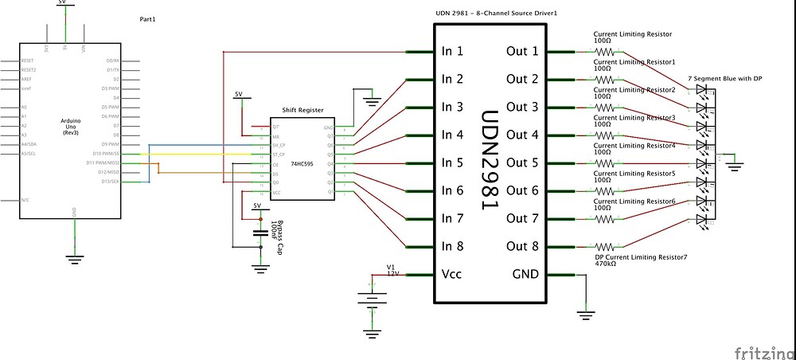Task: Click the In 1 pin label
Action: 452,51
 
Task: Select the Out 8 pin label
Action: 522,246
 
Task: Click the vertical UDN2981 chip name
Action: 490,159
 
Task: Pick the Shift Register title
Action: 301,111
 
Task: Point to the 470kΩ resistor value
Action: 607,263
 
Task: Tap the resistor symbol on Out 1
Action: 605,51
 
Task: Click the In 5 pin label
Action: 452,162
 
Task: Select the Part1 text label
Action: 148,18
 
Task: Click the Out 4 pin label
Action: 522,135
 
